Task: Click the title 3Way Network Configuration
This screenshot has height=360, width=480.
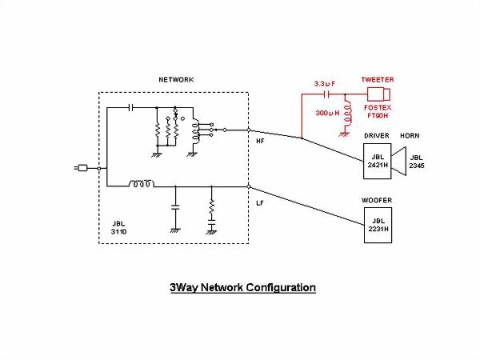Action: click(x=242, y=286)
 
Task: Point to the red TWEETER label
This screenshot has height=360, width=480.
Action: click(x=378, y=80)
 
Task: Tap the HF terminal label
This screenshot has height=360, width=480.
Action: click(x=260, y=141)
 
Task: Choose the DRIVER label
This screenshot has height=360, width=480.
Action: click(x=377, y=136)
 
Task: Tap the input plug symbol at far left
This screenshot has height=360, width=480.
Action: click(x=81, y=168)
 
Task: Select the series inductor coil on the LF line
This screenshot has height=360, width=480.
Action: click(x=142, y=185)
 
